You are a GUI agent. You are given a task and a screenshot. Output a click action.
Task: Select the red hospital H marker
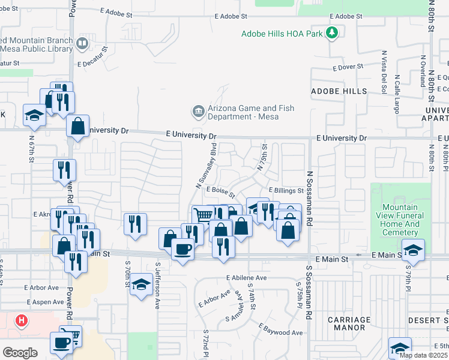point(22,320)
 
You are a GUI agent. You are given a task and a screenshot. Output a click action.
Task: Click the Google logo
point(20,352)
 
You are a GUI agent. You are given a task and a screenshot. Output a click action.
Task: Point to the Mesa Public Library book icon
point(82,43)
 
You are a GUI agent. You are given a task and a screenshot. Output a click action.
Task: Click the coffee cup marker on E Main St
point(182,249)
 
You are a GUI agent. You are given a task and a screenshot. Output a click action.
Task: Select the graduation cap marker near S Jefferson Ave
point(141,283)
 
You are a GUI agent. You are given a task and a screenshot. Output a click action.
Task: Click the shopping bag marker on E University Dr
point(78,126)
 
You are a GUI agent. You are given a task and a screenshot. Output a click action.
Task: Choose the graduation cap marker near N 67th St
point(34,114)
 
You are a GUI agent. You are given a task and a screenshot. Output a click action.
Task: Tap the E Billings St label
point(286,190)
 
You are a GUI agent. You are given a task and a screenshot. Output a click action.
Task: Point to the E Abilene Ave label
point(246,278)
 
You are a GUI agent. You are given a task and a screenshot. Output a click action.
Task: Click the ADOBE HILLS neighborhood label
point(339,91)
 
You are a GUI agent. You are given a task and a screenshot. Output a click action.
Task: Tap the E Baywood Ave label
point(281,330)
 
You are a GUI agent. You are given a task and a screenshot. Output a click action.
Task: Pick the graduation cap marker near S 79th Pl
point(413,249)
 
